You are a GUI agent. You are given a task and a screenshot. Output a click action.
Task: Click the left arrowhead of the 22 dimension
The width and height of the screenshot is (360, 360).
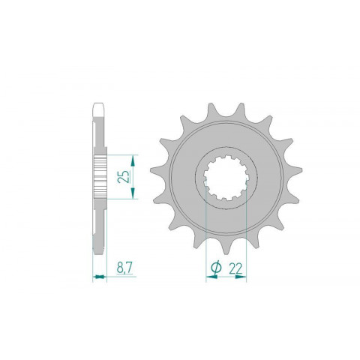click(209, 277)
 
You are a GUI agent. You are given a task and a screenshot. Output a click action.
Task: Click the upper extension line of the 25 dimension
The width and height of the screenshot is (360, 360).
click(120, 155)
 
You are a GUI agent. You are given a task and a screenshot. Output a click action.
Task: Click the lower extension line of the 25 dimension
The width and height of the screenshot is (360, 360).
click(120, 199)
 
